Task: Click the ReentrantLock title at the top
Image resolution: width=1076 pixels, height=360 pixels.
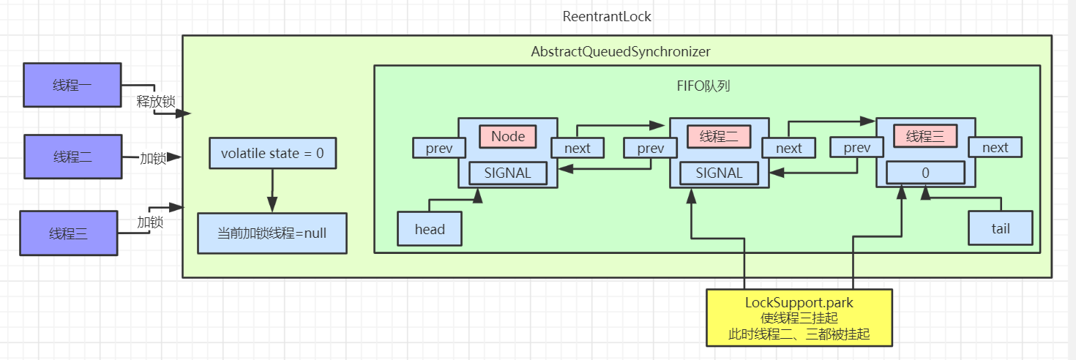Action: point(607,16)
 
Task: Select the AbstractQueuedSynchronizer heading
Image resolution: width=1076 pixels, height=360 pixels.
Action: point(620,52)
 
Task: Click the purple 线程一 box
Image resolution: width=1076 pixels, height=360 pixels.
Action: point(72,85)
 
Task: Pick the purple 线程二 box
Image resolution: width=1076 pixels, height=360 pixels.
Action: point(72,157)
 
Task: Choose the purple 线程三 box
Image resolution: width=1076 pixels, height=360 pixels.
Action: point(69,233)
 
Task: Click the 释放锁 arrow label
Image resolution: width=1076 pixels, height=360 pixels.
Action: point(155,102)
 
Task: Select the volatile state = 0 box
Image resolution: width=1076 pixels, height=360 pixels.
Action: point(272,154)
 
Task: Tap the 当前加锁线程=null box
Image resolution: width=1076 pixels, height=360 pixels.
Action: point(272,233)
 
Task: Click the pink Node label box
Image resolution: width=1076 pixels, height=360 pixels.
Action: point(508,137)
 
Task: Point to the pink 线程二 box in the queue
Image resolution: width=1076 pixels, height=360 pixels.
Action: point(719,137)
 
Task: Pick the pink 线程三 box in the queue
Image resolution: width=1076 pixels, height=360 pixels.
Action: point(925,137)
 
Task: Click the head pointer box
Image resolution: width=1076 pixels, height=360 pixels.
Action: point(430,229)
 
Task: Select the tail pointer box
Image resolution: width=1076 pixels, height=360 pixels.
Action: point(1000,229)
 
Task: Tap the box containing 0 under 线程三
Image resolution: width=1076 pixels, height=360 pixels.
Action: point(925,173)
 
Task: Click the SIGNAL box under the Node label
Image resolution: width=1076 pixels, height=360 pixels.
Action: point(508,173)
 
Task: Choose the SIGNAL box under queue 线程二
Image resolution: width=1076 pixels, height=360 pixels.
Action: point(719,173)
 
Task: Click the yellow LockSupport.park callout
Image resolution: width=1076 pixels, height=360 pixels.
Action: point(799,317)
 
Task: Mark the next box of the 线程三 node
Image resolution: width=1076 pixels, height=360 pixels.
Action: point(995,148)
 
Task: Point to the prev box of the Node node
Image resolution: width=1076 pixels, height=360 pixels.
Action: point(439,148)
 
